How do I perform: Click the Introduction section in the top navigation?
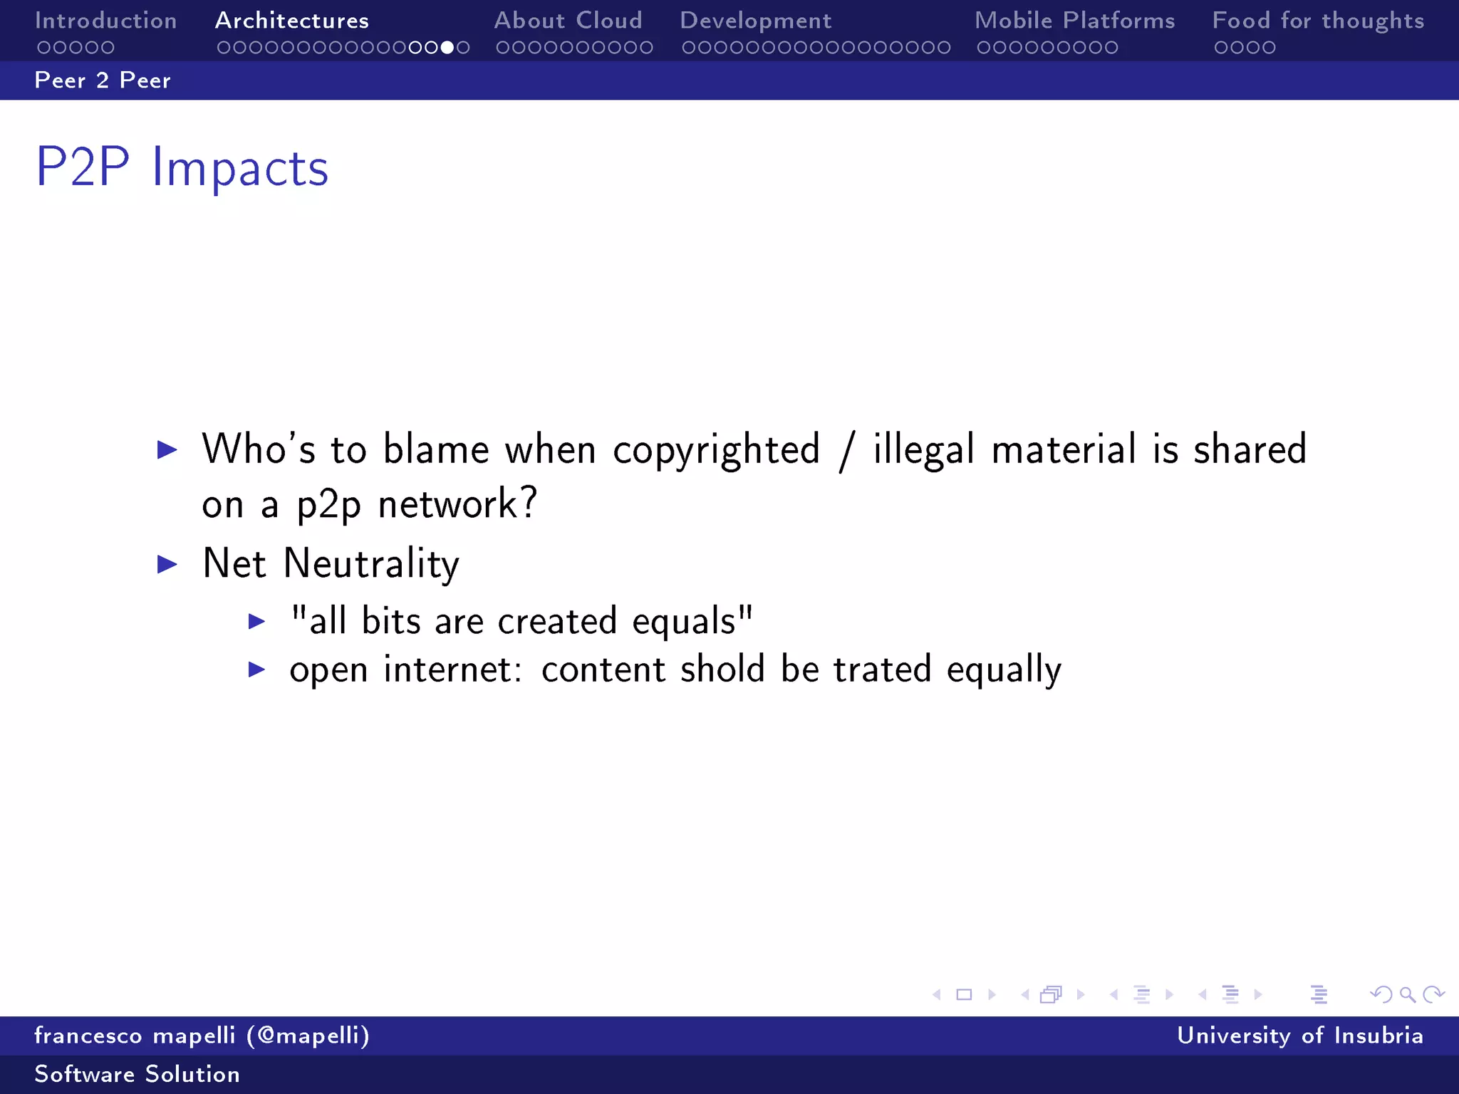pyautogui.click(x=105, y=21)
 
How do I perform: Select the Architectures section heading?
pyautogui.click(x=292, y=21)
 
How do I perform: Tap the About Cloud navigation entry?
pyautogui.click(x=568, y=21)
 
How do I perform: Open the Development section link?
pyautogui.click(x=755, y=21)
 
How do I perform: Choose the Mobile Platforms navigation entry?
pyautogui.click(x=1074, y=21)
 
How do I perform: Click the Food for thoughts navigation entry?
pyautogui.click(x=1318, y=21)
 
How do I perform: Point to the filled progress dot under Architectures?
pyautogui.click(x=447, y=48)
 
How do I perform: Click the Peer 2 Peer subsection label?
pyautogui.click(x=103, y=80)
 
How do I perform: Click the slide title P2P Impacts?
pyautogui.click(x=182, y=168)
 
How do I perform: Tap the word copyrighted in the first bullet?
pyautogui.click(x=716, y=451)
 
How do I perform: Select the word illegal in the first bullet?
pyautogui.click(x=923, y=451)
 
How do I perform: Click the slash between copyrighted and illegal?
pyautogui.click(x=846, y=452)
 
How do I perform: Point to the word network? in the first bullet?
pyautogui.click(x=457, y=505)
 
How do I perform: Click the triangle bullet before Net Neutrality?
pyautogui.click(x=167, y=565)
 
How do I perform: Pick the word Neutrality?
pyautogui.click(x=371, y=565)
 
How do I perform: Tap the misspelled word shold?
pyautogui.click(x=722, y=670)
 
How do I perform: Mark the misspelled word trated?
pyautogui.click(x=882, y=670)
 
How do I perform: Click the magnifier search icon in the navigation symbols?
pyautogui.click(x=1407, y=994)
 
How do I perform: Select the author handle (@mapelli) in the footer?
pyautogui.click(x=308, y=1036)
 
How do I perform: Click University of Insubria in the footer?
pyautogui.click(x=1299, y=1036)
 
